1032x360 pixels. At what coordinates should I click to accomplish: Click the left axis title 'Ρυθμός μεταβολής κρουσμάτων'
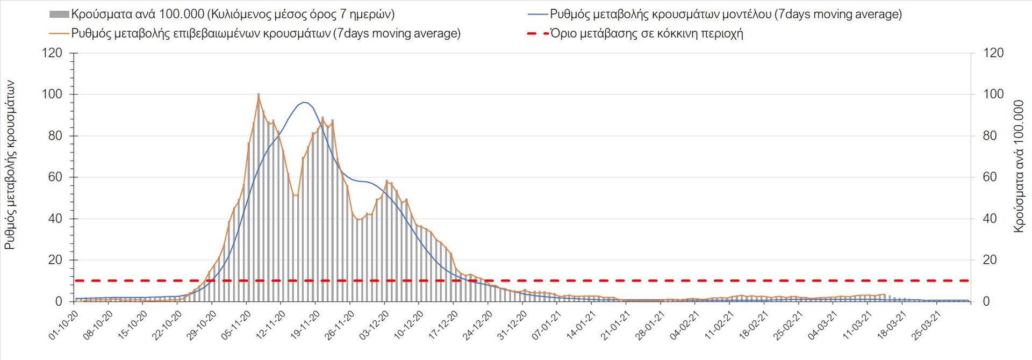point(10,165)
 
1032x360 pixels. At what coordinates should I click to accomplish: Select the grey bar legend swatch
point(59,15)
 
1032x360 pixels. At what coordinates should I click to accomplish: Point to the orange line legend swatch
point(59,33)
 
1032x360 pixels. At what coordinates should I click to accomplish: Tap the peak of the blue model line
point(304,102)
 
